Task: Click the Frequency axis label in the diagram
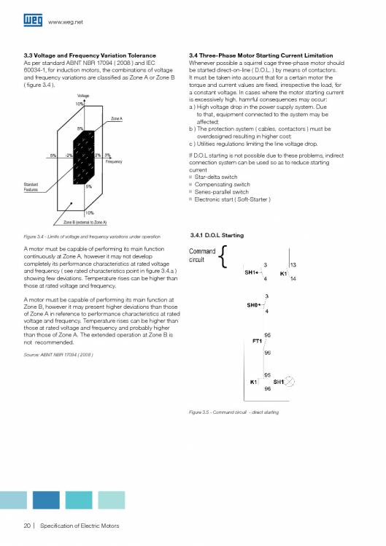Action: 114,161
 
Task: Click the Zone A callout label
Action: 116,118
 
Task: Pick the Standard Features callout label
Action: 31,186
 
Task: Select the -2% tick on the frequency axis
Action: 68,155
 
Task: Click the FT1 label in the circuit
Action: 257,341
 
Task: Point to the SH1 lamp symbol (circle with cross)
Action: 289,381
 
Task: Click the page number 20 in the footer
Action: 27,526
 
